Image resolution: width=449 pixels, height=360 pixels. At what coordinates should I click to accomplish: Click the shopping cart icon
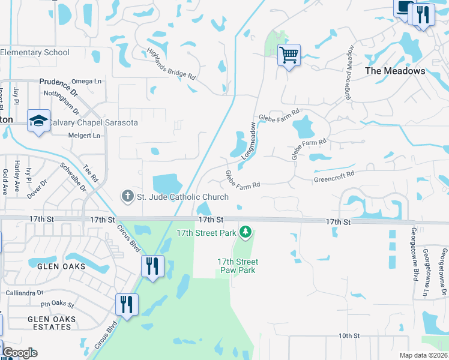point(289,56)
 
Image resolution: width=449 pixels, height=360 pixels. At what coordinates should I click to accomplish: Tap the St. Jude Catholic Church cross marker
point(127,196)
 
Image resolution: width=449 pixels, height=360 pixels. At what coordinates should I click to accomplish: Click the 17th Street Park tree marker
point(245,232)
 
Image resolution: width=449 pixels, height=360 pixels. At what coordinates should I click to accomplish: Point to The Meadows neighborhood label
point(395,71)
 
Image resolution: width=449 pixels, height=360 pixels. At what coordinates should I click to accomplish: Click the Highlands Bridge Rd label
point(172,65)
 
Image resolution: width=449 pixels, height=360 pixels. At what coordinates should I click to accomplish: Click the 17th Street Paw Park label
point(238,266)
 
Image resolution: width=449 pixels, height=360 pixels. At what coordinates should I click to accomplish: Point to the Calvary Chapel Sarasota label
point(93,122)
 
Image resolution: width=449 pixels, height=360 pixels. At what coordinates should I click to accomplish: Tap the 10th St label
point(348,335)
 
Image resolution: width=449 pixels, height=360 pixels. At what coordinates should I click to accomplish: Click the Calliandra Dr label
point(22,293)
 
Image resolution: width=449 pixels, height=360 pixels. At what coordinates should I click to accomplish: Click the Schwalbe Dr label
point(70,172)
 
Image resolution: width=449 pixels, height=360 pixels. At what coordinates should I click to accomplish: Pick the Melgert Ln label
point(83,136)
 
